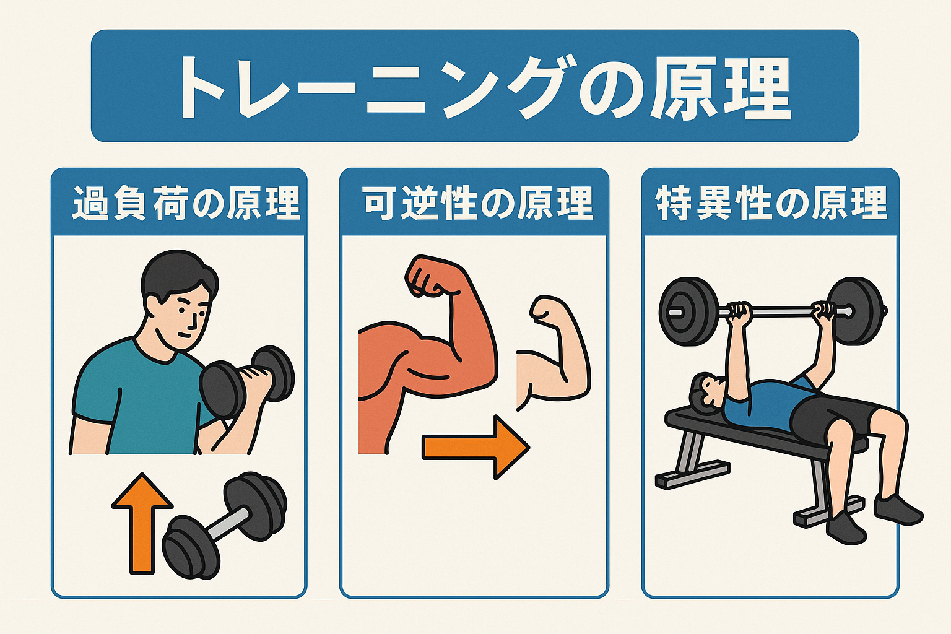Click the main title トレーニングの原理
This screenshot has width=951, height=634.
(484, 87)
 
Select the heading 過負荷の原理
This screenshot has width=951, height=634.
(186, 203)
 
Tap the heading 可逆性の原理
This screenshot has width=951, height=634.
(479, 203)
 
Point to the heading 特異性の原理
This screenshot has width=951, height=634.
(771, 203)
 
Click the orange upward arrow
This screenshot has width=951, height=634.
(142, 524)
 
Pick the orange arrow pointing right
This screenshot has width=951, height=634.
(476, 447)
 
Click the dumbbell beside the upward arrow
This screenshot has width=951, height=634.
(225, 526)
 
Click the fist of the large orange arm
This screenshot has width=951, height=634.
(430, 276)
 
